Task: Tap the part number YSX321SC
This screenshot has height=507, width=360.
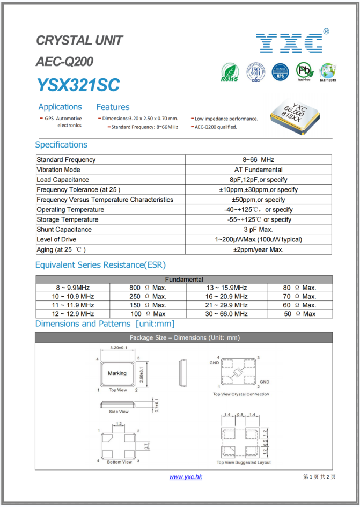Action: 78,85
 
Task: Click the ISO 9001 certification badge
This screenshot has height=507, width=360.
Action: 256,72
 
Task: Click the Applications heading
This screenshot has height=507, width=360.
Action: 60,107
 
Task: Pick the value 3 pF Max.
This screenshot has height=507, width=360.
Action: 259,230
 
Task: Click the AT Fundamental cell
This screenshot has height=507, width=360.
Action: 259,170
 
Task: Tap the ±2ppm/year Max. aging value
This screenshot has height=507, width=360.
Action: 259,249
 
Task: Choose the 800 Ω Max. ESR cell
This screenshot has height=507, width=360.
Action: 148,288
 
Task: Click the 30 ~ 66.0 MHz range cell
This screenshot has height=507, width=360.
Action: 226,314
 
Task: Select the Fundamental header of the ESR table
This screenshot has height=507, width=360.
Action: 184,280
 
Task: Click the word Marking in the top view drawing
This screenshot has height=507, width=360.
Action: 117,373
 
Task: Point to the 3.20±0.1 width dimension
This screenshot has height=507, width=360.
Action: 118,348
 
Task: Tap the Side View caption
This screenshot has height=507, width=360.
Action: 119,412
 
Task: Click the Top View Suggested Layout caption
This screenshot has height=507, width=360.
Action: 244,462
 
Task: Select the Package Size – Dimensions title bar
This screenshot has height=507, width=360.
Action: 184,338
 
